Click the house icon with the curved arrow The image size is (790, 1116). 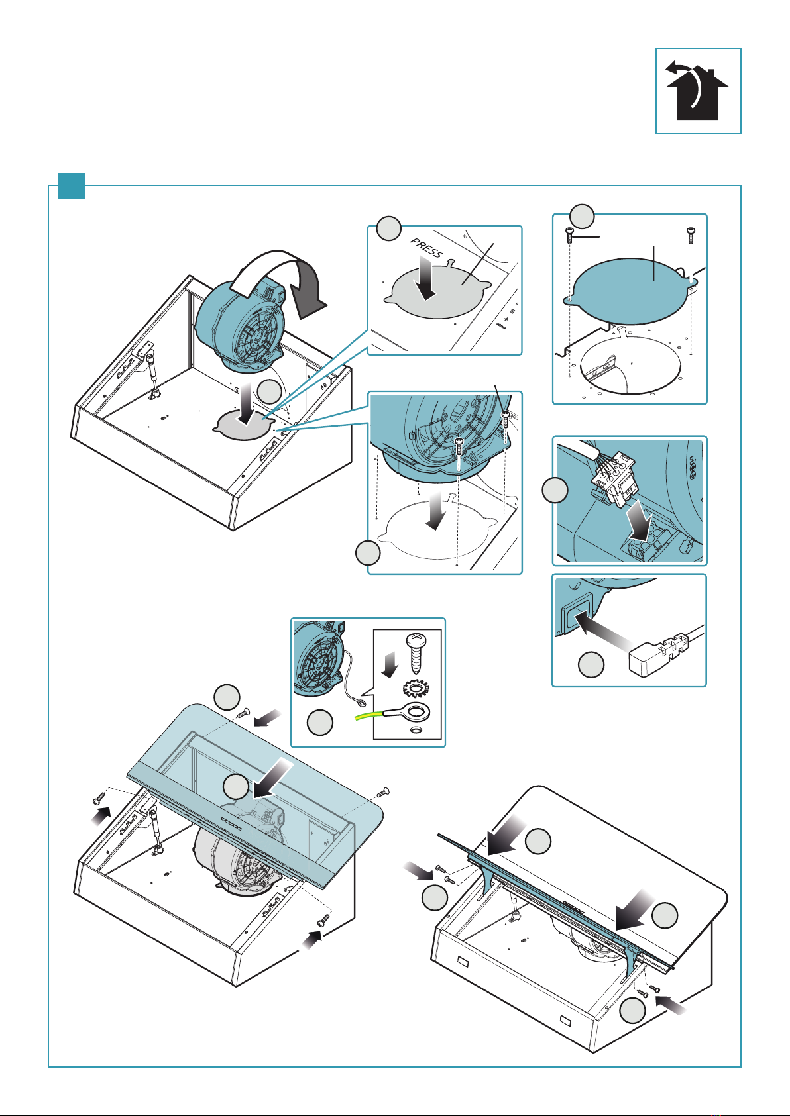point(698,91)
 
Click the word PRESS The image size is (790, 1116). point(427,249)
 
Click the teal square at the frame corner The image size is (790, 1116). point(71,185)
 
